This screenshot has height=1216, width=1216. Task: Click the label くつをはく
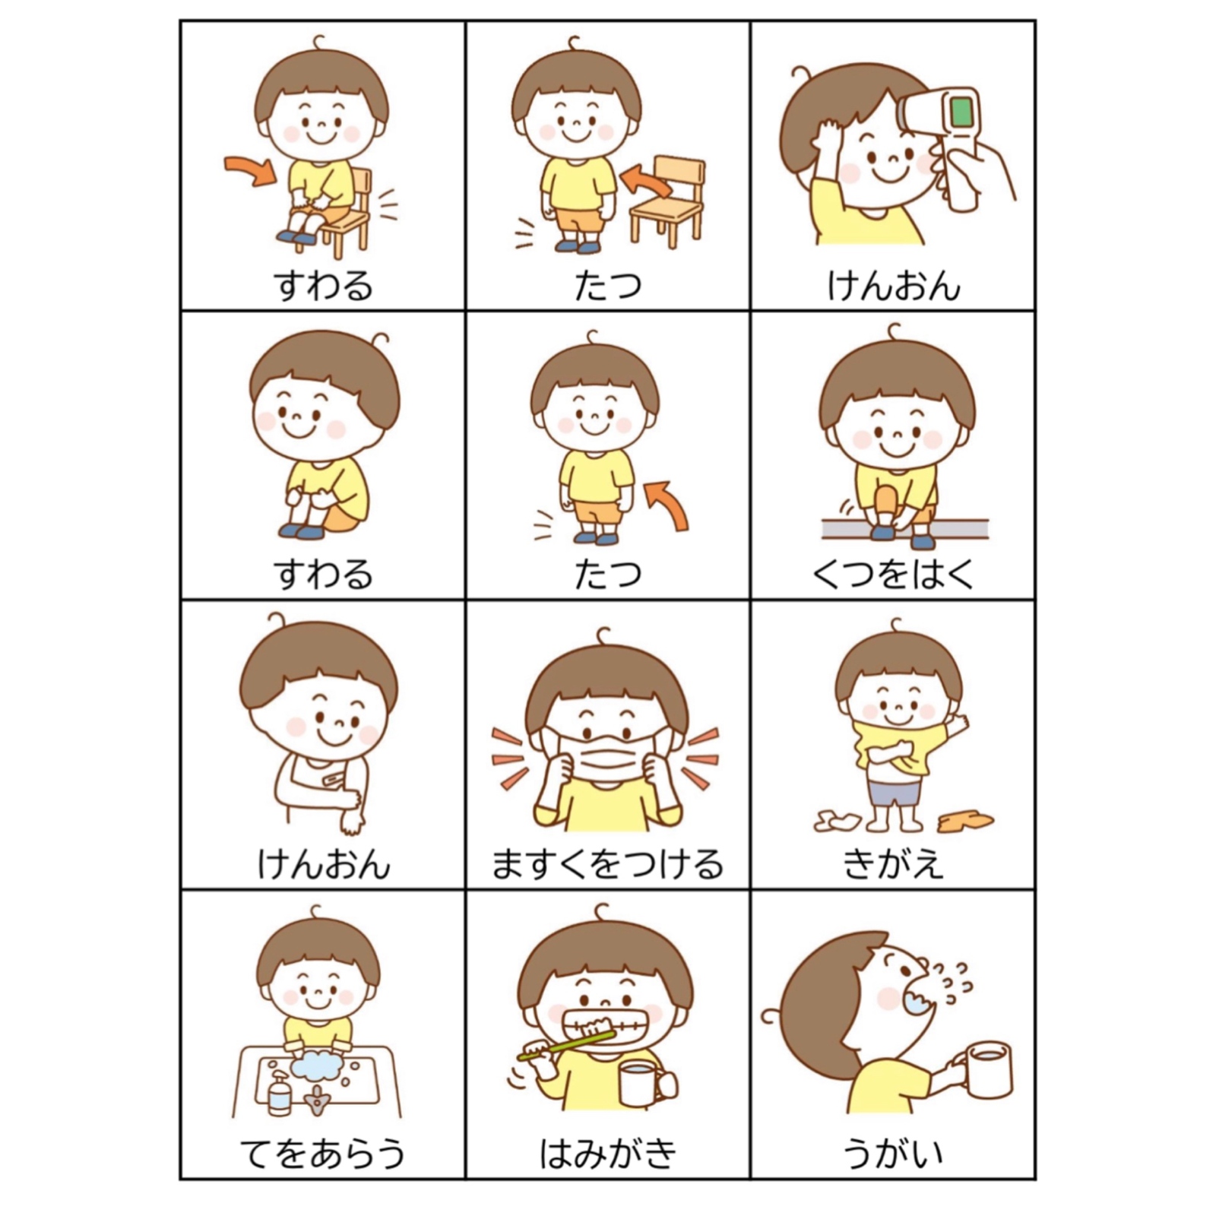coord(892,574)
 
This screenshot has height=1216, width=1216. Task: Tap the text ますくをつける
coord(607,864)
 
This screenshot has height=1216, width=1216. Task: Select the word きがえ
coord(893,864)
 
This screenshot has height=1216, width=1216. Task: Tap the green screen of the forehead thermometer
coord(961,112)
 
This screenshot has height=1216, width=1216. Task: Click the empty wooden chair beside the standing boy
coord(667,200)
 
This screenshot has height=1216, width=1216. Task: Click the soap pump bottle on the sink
coord(279,1092)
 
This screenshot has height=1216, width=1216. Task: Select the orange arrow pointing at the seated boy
coord(251,170)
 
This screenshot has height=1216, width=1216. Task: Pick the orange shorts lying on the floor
coord(964,821)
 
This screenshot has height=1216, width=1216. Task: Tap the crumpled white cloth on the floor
coord(838,820)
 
